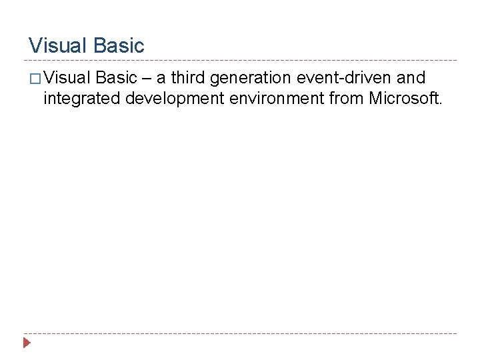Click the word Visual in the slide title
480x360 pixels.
coord(58,46)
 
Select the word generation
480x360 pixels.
coord(251,80)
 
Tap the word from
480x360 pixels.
coord(347,99)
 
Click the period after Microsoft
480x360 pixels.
coord(440,104)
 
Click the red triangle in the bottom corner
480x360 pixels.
coord(27,343)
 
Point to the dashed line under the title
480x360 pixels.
coord(240,60)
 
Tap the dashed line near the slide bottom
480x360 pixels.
coord(240,333)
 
